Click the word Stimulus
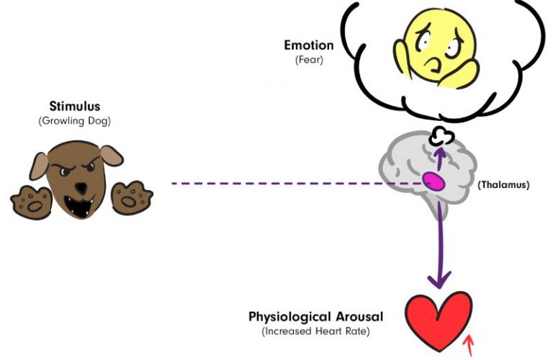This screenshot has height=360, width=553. tap(74, 107)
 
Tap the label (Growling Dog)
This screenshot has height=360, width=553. tap(74, 120)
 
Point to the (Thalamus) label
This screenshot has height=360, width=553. tap(503, 185)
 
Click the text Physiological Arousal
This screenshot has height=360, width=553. tap(315, 317)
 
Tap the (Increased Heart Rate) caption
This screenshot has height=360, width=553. tap(315, 331)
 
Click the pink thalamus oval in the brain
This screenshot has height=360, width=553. tap(433, 181)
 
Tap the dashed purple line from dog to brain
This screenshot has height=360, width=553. tap(288, 183)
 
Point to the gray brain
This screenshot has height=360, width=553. tap(418, 173)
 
